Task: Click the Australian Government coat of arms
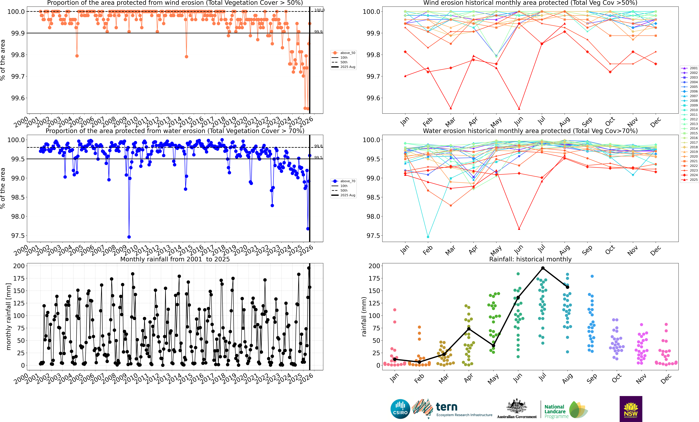pyautogui.click(x=517, y=406)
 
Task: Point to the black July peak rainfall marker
pyautogui.click(x=543, y=268)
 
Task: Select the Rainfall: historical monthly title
pyautogui.click(x=530, y=259)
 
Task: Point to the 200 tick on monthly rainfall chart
pyautogui.click(x=19, y=266)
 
